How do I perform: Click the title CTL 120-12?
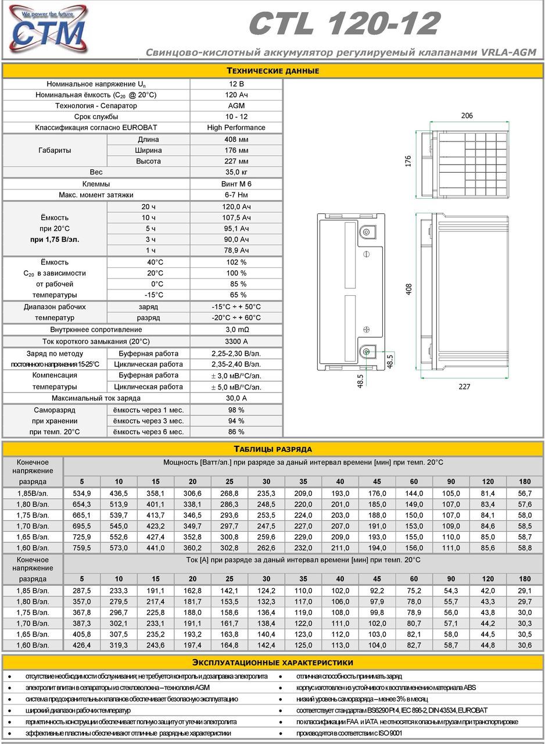click(x=344, y=24)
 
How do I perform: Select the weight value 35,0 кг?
click(x=236, y=173)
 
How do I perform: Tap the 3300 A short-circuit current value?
click(x=236, y=342)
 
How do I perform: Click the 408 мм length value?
click(x=236, y=139)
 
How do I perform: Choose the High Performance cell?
click(x=236, y=128)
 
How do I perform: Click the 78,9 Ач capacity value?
click(x=236, y=251)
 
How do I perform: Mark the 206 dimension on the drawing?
click(x=467, y=116)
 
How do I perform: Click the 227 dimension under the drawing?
click(x=464, y=387)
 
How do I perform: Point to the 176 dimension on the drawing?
click(x=408, y=161)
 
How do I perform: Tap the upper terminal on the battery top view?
click(x=365, y=233)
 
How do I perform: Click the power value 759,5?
click(x=82, y=548)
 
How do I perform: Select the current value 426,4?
click(x=82, y=645)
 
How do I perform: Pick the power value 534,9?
click(x=82, y=493)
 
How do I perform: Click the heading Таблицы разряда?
click(x=272, y=449)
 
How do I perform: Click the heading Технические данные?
click(x=272, y=71)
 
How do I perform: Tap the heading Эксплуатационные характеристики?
click(x=272, y=663)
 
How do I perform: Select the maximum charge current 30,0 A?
click(x=236, y=398)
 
